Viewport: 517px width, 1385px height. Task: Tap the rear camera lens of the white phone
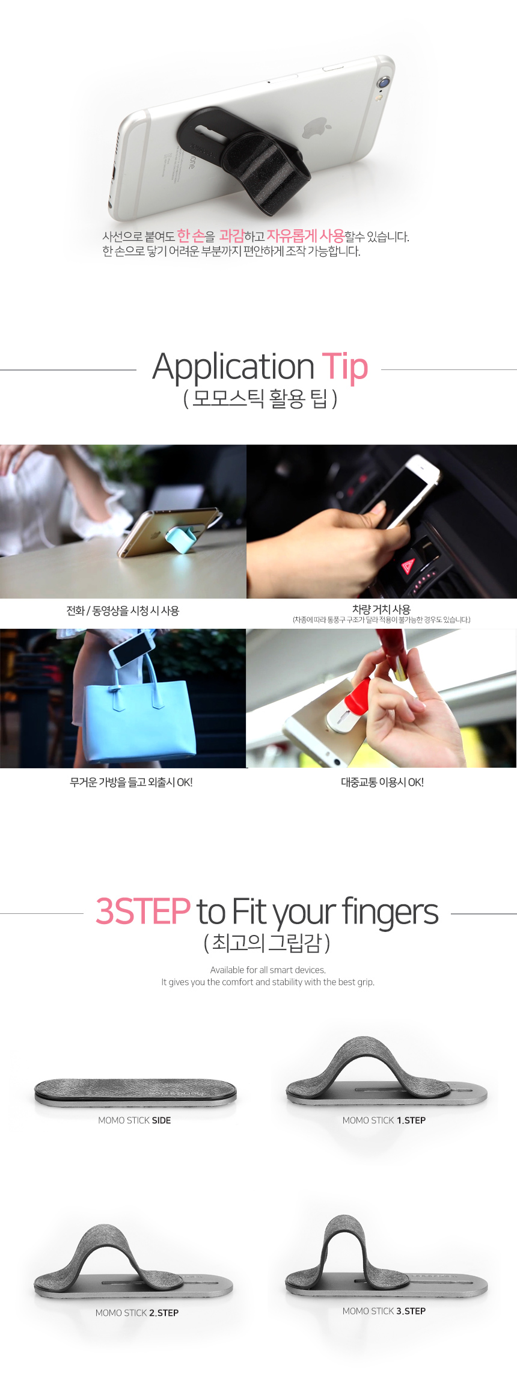coord(383,82)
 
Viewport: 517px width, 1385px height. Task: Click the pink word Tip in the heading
coord(345,366)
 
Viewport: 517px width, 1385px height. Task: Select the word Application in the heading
coord(233,368)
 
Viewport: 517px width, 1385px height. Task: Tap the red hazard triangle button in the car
coord(409,565)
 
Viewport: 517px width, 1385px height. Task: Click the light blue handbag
coord(139,717)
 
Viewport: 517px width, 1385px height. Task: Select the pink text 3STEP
coord(143,911)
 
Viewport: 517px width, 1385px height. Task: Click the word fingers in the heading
coord(390,912)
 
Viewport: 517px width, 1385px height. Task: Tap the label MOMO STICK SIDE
coord(135,1120)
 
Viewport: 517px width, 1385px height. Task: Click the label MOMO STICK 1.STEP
coord(384,1120)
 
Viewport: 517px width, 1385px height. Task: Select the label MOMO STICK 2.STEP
coord(137,1313)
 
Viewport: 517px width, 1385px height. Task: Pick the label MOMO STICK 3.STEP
coord(384,1311)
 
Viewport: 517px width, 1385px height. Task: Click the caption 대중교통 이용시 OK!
coord(382,782)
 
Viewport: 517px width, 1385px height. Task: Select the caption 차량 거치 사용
coord(382,609)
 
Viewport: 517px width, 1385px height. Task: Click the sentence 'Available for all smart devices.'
coord(268,970)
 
